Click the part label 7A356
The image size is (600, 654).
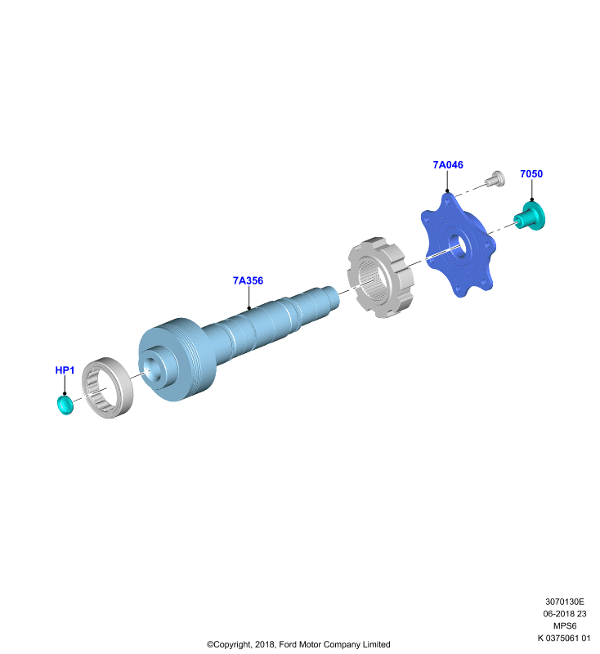coord(248,280)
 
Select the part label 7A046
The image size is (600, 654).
coord(448,165)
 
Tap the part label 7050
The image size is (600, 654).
coord(531,174)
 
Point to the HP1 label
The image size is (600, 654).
coord(65,370)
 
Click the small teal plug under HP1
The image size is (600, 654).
coord(65,405)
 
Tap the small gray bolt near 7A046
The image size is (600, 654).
coord(495,179)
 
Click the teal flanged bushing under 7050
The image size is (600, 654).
coord(531,216)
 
